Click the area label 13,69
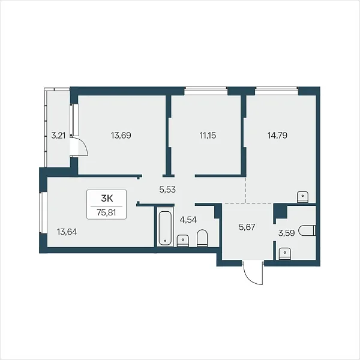click(121, 136)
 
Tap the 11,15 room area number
click(208, 136)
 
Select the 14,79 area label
click(278, 136)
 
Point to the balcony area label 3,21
click(58, 136)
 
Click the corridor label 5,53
click(167, 190)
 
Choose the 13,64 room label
click(67, 232)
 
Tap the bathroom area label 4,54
click(188, 220)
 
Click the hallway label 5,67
click(247, 227)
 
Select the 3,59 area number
click(286, 233)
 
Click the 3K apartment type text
click(107, 199)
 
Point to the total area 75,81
click(106, 213)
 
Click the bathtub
click(165, 227)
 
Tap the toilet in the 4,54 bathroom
click(202, 238)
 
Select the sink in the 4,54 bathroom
click(183, 241)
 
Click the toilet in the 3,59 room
click(307, 230)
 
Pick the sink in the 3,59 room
click(284, 254)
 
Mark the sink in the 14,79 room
click(303, 197)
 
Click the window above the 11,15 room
click(206, 91)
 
